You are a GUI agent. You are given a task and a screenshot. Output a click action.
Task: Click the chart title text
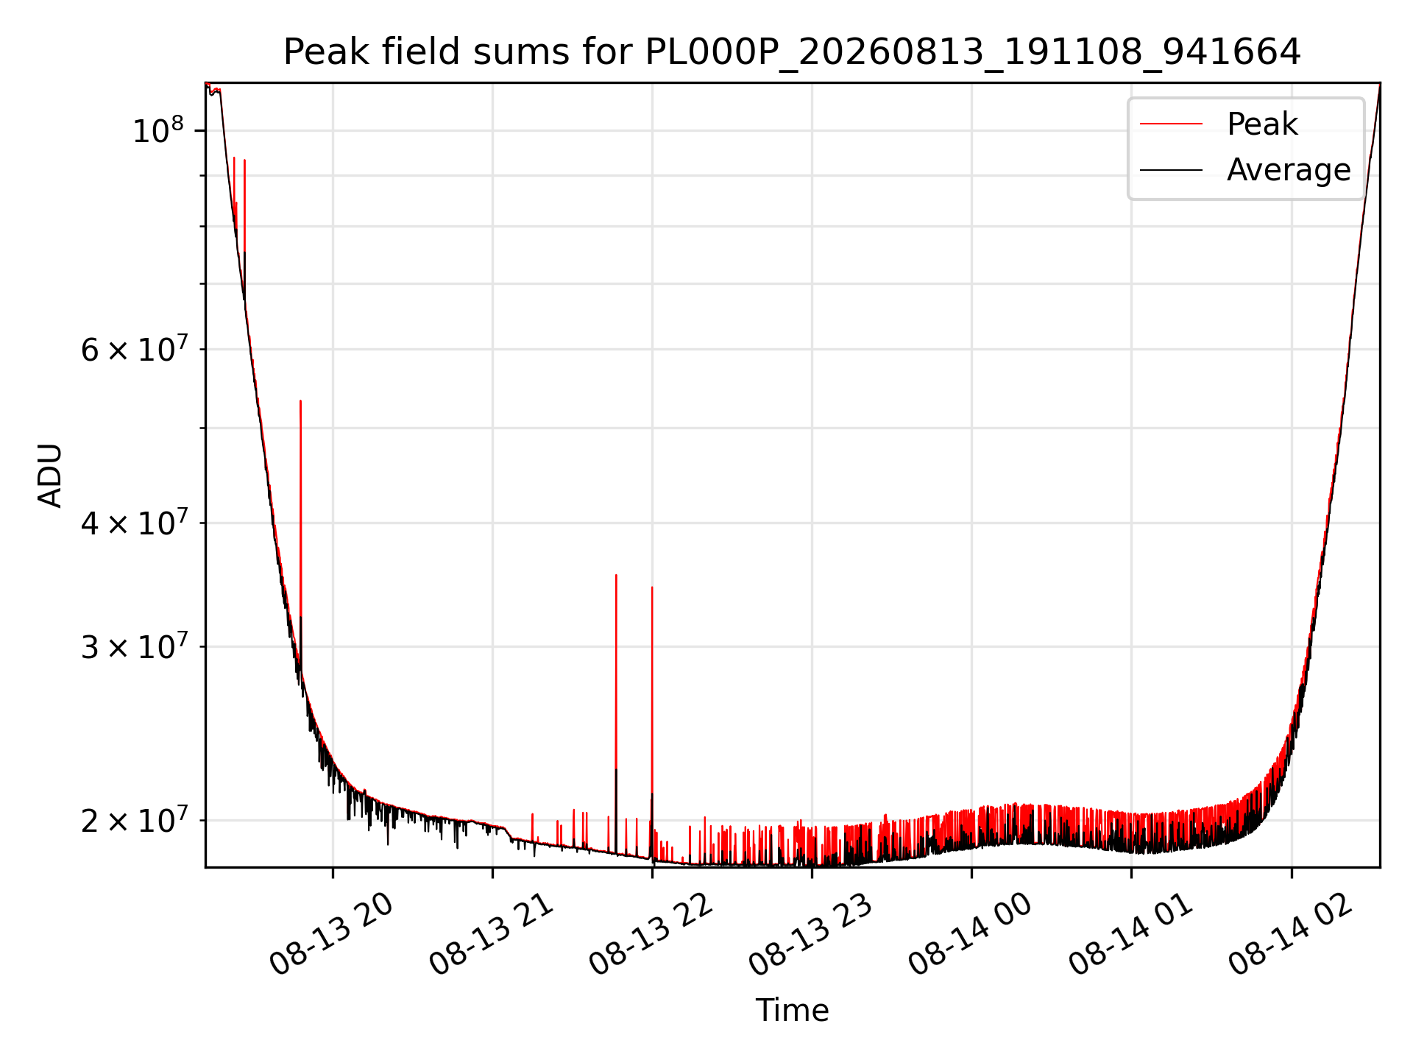(x=792, y=52)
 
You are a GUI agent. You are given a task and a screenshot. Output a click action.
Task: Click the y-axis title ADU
(x=50, y=476)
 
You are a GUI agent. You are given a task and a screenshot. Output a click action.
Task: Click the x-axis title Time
(x=792, y=1010)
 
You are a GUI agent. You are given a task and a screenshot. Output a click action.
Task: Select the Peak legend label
(x=1262, y=124)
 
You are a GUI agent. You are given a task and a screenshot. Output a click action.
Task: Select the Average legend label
(x=1289, y=170)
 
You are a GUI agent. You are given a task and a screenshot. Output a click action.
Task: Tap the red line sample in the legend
(x=1171, y=124)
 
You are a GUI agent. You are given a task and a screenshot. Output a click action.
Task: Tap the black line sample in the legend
(x=1171, y=170)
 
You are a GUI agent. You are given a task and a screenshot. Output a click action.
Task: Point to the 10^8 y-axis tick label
(x=157, y=130)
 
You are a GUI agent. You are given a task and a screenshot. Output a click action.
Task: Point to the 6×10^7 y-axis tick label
(x=133, y=349)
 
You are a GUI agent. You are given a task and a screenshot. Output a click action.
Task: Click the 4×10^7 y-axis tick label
(x=133, y=523)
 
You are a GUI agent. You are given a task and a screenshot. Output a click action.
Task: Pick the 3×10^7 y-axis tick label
(x=133, y=646)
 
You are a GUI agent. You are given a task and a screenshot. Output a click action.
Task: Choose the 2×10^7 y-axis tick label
(x=133, y=820)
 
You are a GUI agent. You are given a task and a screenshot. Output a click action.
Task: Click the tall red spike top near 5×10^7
(x=300, y=401)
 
